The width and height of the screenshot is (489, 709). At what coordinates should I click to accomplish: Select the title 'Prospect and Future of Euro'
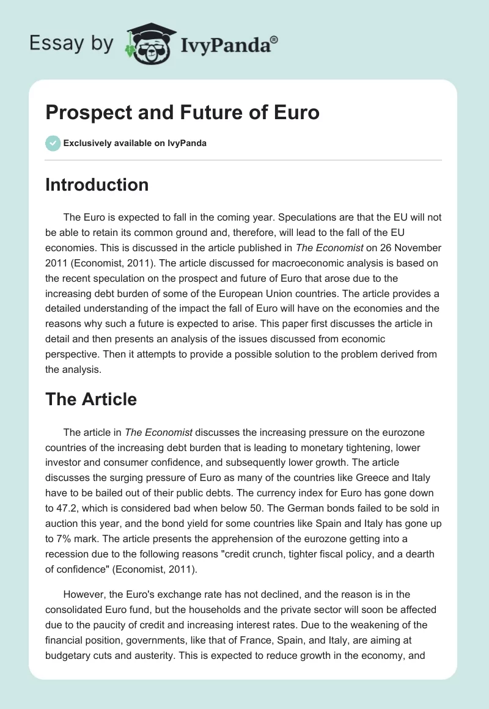click(182, 112)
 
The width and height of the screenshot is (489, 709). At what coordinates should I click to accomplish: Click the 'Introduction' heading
click(97, 185)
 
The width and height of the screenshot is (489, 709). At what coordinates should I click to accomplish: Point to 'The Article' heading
click(91, 399)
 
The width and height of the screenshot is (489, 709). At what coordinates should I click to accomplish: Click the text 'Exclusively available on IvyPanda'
click(135, 144)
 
